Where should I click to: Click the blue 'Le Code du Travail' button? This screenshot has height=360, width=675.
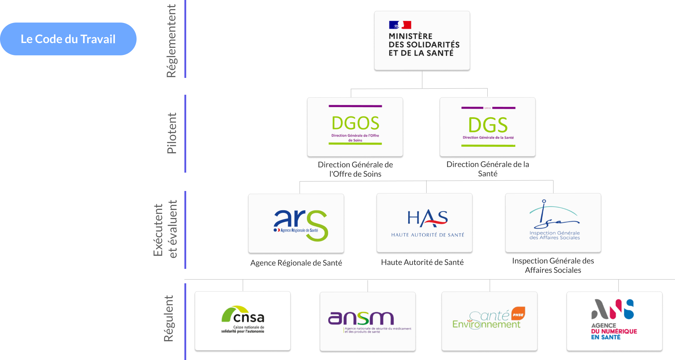click(68, 39)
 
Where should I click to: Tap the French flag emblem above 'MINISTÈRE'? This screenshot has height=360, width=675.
click(400, 25)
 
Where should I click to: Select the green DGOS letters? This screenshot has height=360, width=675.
click(355, 123)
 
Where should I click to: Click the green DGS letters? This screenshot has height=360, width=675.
click(488, 125)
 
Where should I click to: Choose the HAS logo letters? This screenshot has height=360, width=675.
click(427, 218)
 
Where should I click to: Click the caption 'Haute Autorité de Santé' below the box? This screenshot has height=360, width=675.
click(422, 262)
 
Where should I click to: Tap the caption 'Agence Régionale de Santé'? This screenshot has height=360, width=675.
click(296, 263)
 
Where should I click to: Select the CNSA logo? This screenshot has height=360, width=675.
click(243, 319)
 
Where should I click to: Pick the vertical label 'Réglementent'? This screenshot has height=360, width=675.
click(171, 41)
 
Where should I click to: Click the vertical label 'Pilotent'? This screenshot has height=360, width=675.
click(171, 133)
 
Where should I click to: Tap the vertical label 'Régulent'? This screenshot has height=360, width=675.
click(169, 318)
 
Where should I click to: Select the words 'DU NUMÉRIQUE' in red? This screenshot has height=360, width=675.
click(614, 331)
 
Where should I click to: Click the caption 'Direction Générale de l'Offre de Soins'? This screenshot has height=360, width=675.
click(355, 169)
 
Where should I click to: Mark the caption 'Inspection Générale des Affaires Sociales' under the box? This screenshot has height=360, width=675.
click(553, 265)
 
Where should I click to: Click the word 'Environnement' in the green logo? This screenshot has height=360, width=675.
click(486, 325)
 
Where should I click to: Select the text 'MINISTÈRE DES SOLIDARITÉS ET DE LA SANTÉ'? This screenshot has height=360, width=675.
click(424, 45)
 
